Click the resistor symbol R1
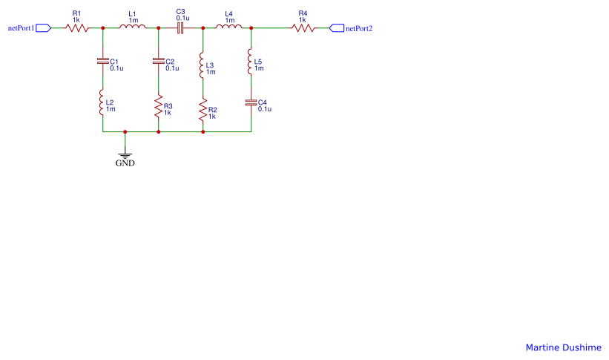(x=77, y=28)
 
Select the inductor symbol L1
(x=133, y=28)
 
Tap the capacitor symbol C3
(x=180, y=28)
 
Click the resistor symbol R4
(x=303, y=28)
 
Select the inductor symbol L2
(x=102, y=103)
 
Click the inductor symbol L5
(x=251, y=65)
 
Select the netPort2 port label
(x=359, y=28)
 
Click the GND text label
(x=125, y=163)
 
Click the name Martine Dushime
(x=563, y=347)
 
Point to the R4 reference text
(x=302, y=13)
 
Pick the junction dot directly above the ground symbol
(x=125, y=132)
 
